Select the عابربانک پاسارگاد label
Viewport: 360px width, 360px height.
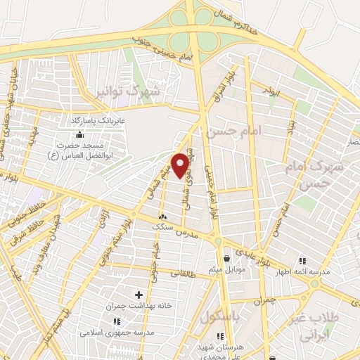pos(101,121)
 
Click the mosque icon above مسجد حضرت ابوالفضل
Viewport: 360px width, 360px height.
pos(79,134)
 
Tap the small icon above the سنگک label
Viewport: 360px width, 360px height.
pos(164,217)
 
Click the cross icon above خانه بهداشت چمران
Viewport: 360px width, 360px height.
pos(138,295)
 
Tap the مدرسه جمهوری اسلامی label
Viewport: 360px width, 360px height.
pos(110,331)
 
